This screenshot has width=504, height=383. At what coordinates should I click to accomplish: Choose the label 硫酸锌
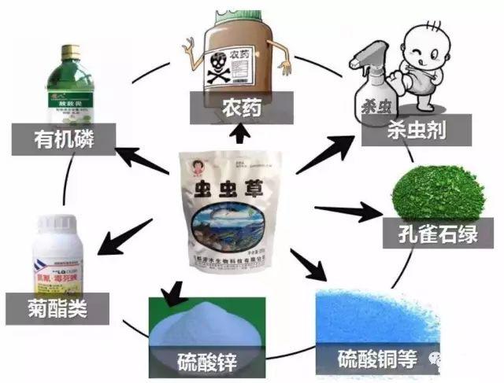click(x=207, y=363)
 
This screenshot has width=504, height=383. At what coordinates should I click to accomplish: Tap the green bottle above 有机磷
click(x=76, y=86)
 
